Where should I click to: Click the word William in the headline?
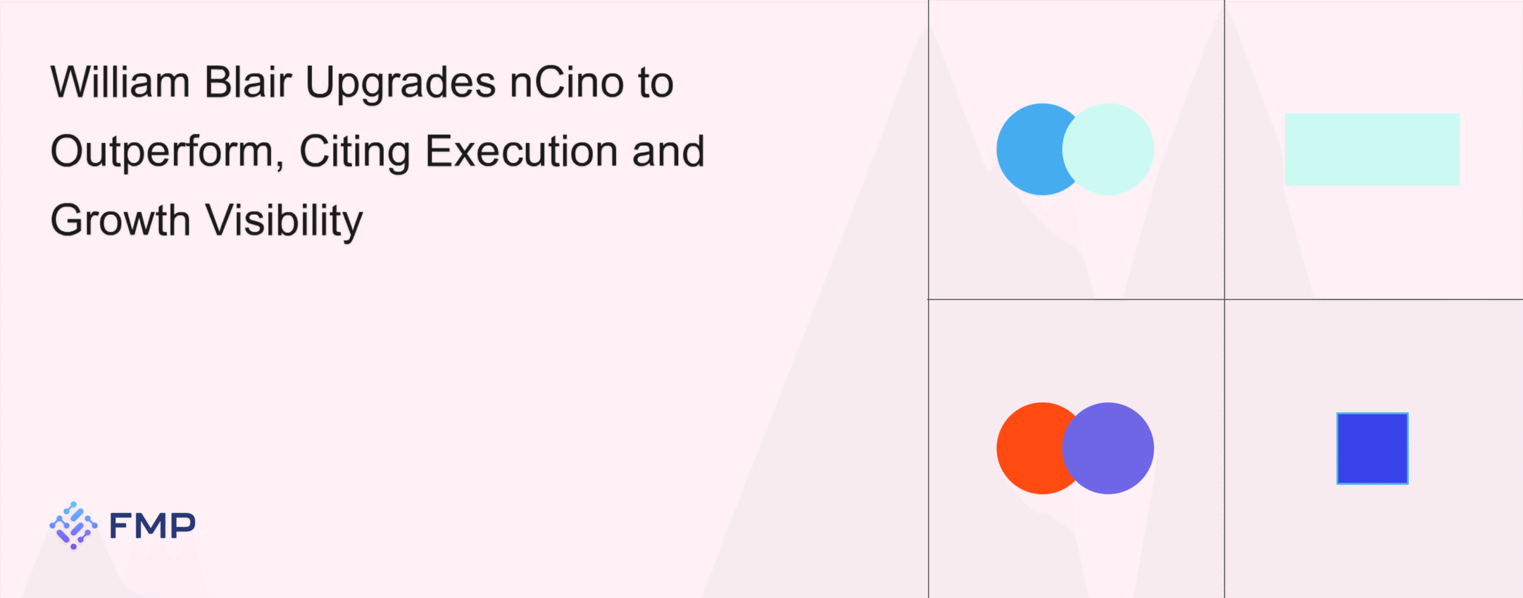120,82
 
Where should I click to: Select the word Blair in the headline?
248,82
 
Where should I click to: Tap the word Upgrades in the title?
400,84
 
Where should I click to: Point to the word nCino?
567,82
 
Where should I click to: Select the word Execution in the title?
521,151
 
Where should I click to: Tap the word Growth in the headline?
120,220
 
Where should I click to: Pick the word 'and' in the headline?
668,151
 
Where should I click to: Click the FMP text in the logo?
152,525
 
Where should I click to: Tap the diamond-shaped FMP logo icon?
73,525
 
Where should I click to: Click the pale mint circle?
1108,149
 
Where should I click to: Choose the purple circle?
1108,448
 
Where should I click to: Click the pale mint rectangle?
1372,149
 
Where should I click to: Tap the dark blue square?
1372,449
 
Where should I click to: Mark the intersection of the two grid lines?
1224,299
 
